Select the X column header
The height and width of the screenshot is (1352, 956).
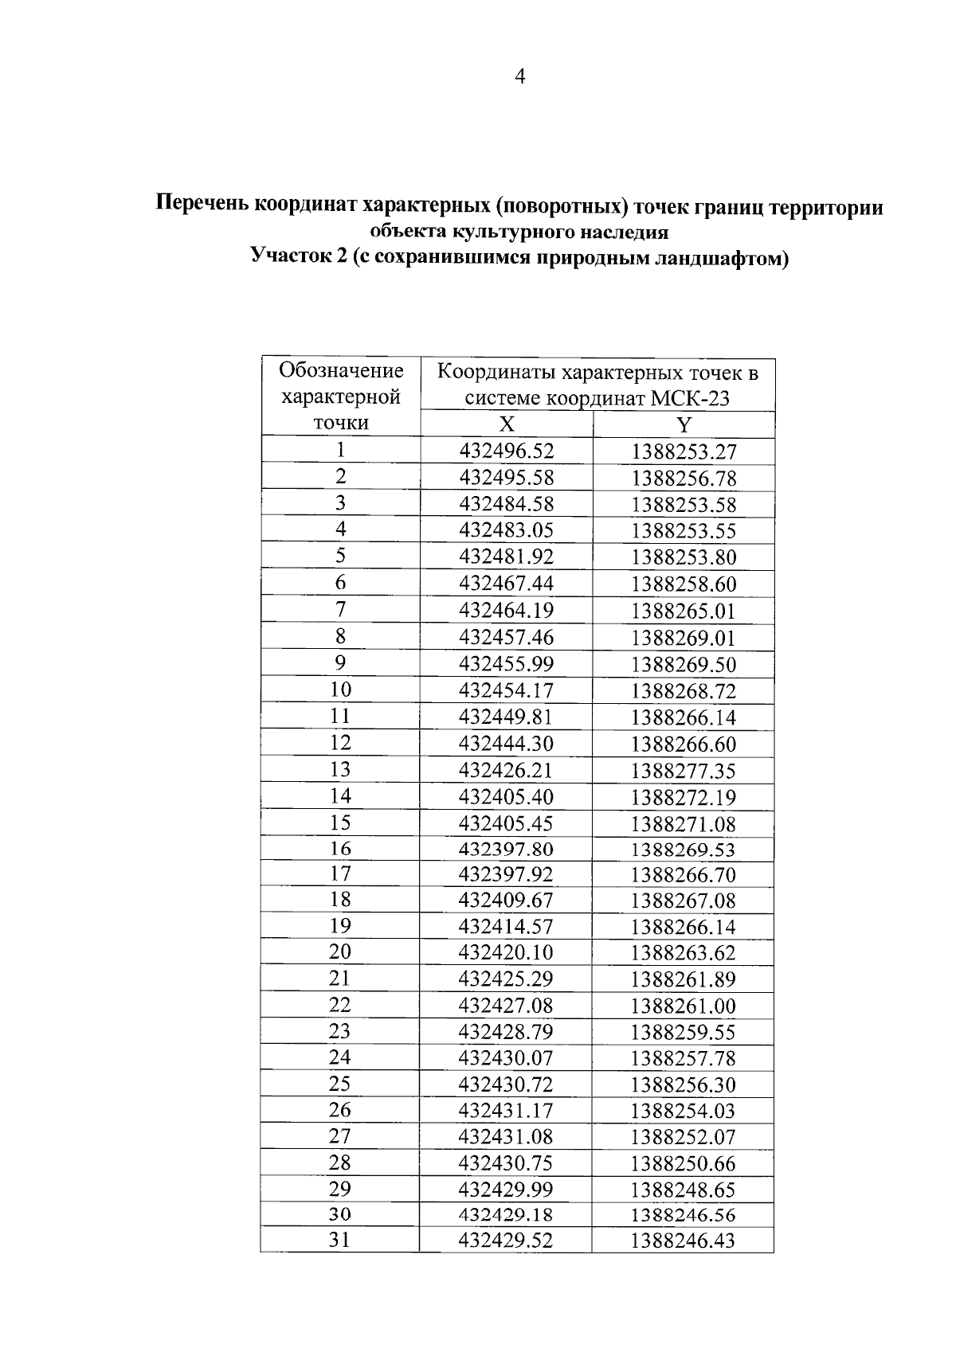506,424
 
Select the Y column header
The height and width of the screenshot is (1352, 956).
684,424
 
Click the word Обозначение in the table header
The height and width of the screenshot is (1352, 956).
341,370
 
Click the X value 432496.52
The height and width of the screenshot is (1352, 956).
506,451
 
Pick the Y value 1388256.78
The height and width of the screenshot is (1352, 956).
684,479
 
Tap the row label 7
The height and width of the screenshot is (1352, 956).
340,610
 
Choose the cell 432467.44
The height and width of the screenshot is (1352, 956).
506,584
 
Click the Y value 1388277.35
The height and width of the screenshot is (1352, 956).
684,771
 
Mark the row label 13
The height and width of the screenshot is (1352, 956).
340,769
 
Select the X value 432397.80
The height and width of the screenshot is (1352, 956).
506,849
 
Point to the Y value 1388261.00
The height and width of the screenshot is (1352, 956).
684,1006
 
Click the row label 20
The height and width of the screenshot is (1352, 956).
340,951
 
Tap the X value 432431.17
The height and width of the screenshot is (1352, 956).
506,1110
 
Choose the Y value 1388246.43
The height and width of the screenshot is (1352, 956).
684,1241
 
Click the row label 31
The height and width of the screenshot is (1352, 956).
340,1240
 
